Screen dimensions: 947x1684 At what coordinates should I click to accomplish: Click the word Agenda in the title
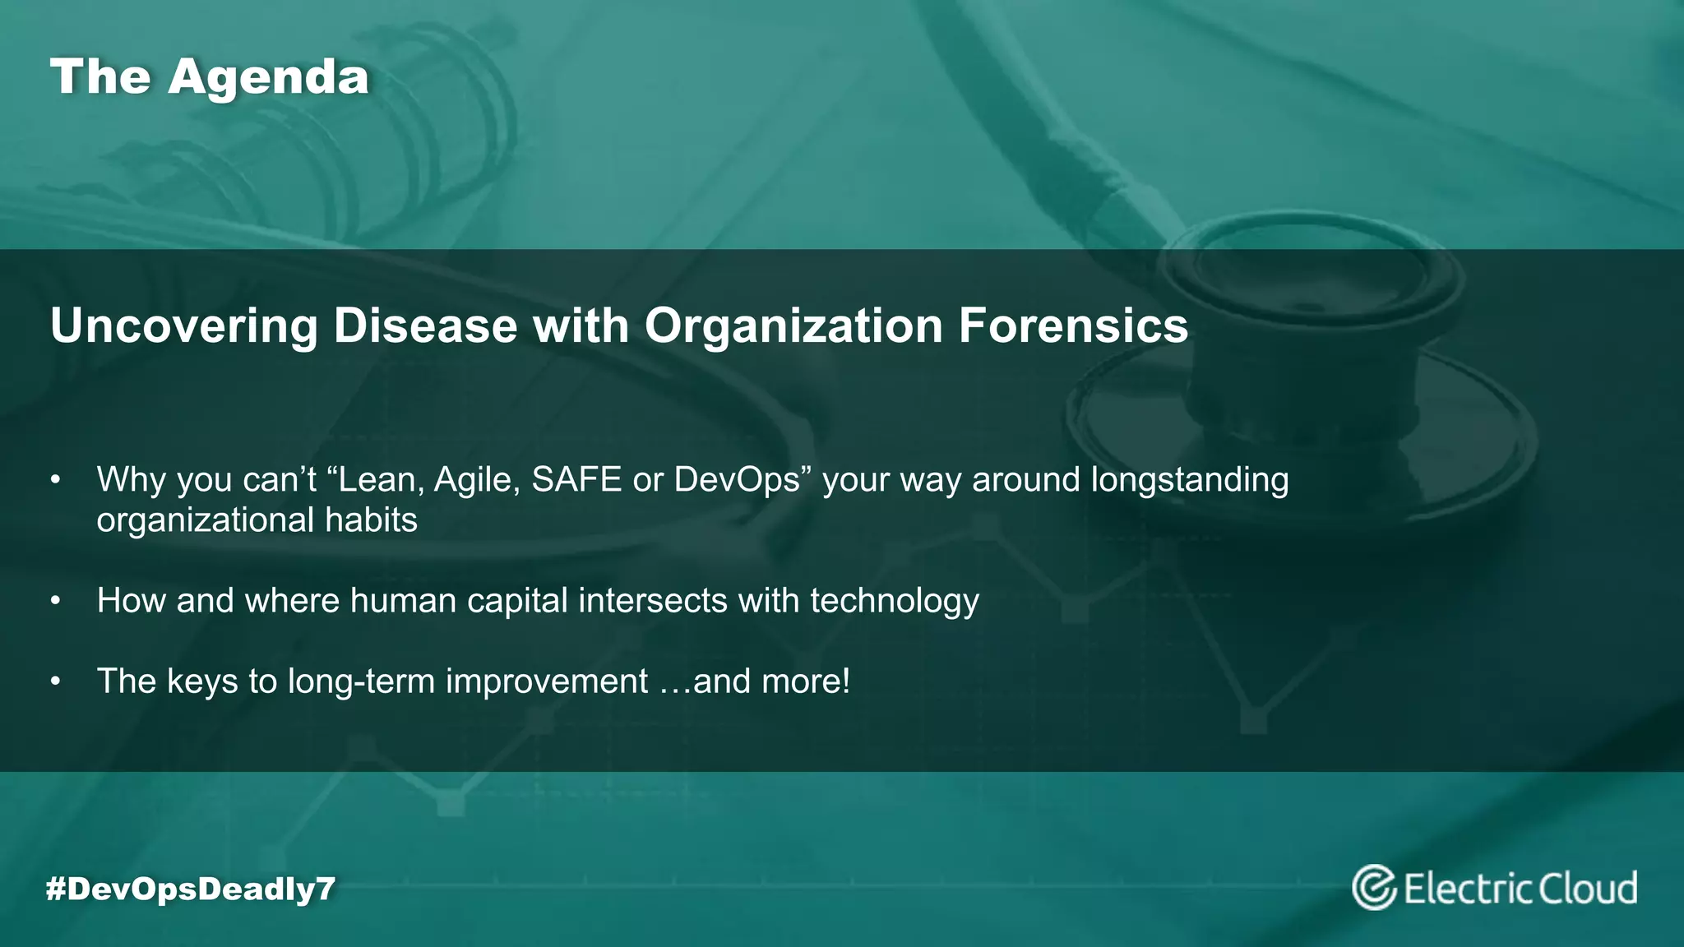point(268,77)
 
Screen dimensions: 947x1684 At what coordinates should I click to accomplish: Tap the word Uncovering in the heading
point(183,326)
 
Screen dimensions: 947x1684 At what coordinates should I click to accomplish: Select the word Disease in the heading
point(425,326)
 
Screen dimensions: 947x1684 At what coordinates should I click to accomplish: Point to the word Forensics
point(1073,326)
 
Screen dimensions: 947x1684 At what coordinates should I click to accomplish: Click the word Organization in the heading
point(793,327)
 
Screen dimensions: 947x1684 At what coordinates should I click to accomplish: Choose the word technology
point(895,602)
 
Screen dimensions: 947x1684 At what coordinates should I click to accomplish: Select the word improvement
point(547,681)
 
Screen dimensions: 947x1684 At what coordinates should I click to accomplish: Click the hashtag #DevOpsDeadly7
point(191,889)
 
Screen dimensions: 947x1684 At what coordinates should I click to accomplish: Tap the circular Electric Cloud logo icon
point(1374,888)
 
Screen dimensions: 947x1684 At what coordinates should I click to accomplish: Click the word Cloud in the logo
point(1588,889)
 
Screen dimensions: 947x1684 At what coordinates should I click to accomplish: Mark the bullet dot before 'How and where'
point(55,601)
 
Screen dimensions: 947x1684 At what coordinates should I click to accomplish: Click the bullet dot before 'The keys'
point(55,681)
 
